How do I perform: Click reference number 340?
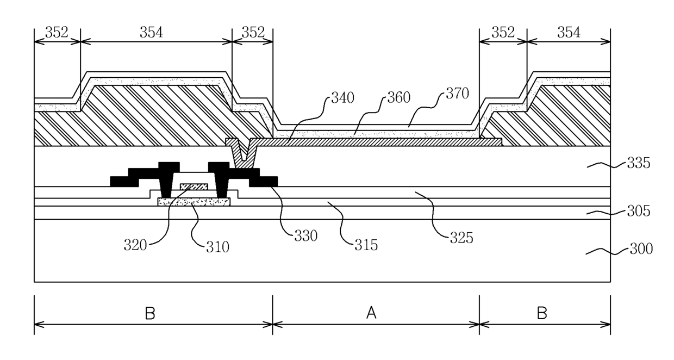[342, 98]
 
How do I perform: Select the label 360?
[398, 97]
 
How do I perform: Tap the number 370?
[457, 94]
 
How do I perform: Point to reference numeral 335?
[639, 163]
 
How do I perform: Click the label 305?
[639, 211]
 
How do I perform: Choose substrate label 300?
[641, 249]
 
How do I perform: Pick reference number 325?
[461, 238]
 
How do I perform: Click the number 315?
[366, 245]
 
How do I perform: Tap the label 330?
[305, 236]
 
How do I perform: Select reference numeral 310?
[217, 247]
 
